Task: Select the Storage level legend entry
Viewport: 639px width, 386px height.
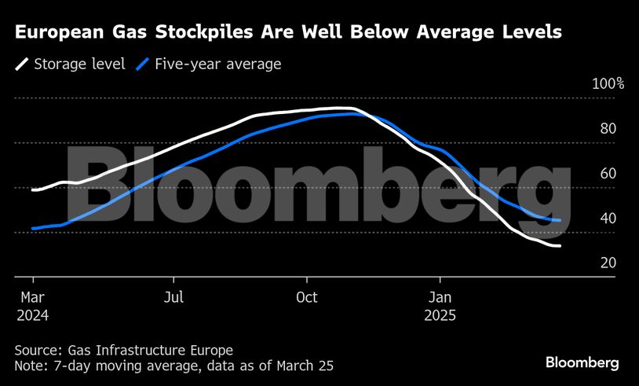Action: pos(79,64)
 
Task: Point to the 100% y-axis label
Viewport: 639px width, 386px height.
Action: pos(608,84)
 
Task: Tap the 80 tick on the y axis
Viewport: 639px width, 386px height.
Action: pos(608,129)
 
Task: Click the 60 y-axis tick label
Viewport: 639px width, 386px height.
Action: pos(608,174)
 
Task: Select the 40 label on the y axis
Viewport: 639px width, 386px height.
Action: pos(608,219)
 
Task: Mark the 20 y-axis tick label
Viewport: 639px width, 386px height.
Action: pos(608,263)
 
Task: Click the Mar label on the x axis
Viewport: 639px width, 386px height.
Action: pos(31,297)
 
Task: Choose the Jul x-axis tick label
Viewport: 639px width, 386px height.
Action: pos(174,297)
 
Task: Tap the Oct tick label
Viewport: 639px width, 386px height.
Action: pos(306,297)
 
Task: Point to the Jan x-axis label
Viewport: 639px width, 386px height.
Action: pos(440,297)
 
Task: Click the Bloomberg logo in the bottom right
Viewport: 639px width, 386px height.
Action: pos(582,362)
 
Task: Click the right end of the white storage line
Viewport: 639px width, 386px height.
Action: pos(560,246)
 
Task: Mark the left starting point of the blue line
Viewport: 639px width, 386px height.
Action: pos(33,228)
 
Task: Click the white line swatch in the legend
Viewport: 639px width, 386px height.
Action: pos(21,64)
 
